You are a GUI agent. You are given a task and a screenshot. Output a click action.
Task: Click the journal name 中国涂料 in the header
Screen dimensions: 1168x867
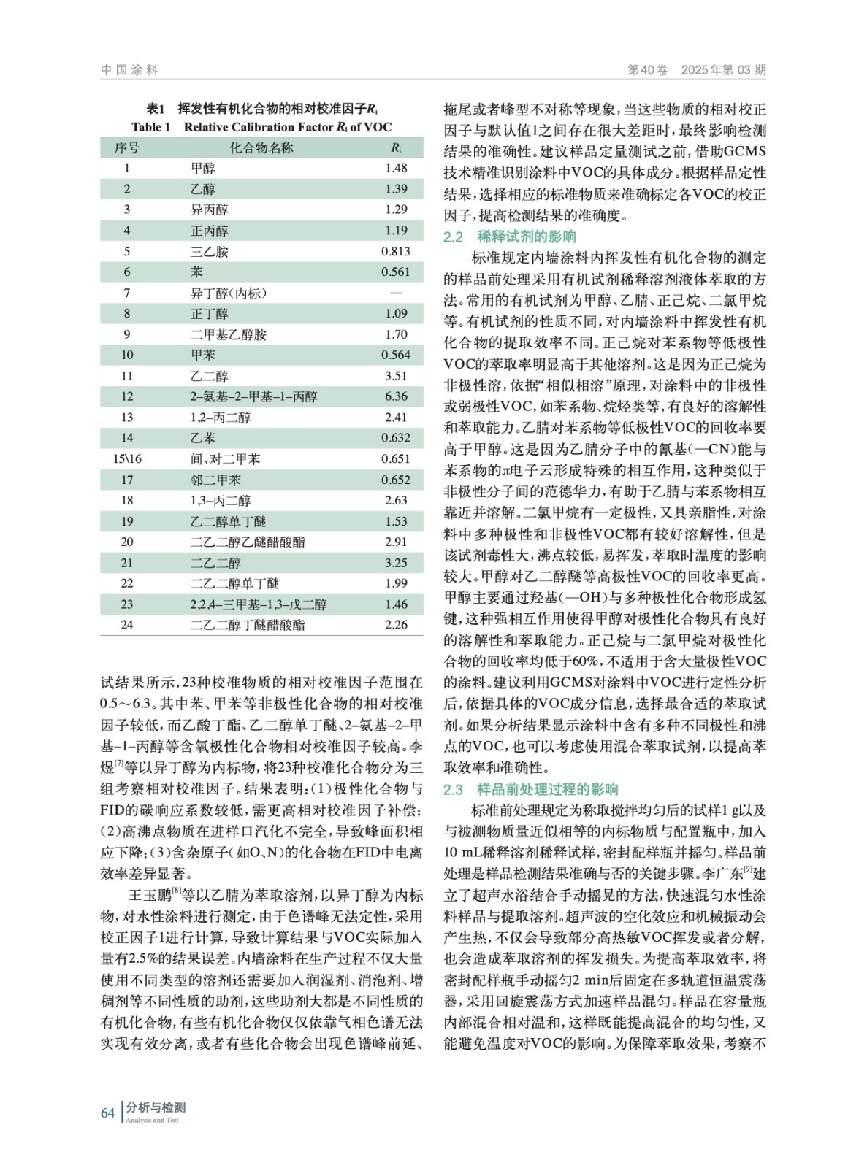point(129,70)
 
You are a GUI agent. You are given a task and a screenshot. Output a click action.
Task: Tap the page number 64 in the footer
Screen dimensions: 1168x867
point(107,1113)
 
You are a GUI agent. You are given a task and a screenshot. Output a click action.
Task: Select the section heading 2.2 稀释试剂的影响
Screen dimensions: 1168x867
point(510,237)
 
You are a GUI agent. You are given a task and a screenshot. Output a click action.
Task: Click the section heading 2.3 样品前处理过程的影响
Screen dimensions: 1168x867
point(531,789)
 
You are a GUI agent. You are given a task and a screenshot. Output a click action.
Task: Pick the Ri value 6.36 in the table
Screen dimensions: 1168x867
point(396,396)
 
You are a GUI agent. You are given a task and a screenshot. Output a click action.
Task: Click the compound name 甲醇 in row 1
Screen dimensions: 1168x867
point(203,168)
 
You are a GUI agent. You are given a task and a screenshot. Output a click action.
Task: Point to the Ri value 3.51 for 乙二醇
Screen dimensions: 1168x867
point(396,376)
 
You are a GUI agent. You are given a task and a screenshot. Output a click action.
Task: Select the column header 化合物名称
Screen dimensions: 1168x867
point(261,147)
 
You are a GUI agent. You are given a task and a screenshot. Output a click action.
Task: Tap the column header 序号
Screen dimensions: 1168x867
point(127,147)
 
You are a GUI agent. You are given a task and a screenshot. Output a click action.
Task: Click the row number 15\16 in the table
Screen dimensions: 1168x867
point(127,459)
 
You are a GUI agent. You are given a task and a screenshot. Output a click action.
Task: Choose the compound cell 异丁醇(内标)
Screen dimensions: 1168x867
point(229,293)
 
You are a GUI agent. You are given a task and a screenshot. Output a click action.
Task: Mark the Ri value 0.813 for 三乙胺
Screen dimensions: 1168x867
point(395,251)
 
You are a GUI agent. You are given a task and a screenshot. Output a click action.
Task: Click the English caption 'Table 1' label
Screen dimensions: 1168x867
point(151,127)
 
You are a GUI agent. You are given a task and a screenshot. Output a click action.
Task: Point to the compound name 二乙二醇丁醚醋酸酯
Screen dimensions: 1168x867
point(248,625)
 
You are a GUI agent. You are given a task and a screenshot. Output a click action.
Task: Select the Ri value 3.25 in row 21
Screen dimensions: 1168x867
point(396,563)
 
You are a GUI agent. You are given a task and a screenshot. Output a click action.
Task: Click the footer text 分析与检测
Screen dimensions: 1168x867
point(156,1107)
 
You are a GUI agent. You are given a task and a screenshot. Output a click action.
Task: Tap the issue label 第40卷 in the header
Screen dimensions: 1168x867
point(648,70)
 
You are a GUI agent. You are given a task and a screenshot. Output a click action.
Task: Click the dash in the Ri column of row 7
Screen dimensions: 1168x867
point(396,293)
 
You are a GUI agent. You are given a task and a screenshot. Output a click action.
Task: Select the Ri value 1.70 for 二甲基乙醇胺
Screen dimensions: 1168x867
point(396,334)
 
